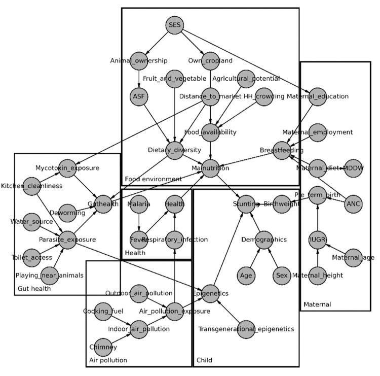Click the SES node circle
click(x=174, y=24)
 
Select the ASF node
click(x=138, y=96)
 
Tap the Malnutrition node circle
click(x=210, y=168)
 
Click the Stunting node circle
click(x=246, y=204)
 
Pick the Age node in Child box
click(x=246, y=276)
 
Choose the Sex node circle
click(x=282, y=276)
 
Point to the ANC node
click(x=353, y=204)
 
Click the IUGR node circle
click(x=317, y=240)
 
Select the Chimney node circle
click(x=102, y=347)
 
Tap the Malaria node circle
click(x=138, y=204)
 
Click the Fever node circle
click(x=138, y=240)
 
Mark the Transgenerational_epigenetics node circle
click(x=246, y=329)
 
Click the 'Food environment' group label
click(x=153, y=179)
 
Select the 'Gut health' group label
click(x=33, y=289)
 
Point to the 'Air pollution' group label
click(x=107, y=360)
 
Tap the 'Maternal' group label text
click(x=317, y=304)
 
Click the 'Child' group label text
click(x=204, y=360)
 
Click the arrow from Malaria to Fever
click(x=138, y=222)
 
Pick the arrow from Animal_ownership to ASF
click(x=138, y=79)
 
